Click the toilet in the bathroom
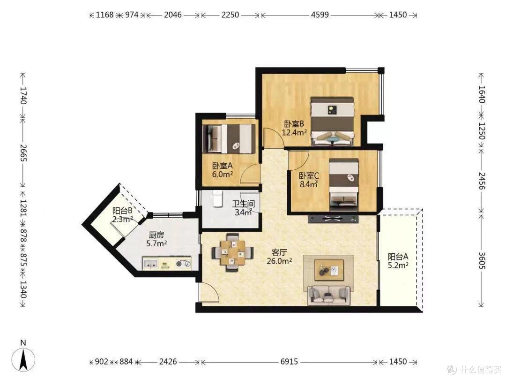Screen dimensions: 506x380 coord(218,198)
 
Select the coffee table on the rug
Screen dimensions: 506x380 coord(329,270)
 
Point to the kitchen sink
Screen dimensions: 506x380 coord(150,264)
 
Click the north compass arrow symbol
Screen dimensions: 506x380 coord(23,359)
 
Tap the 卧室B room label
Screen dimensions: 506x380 coord(294,124)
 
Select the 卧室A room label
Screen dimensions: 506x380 coord(223,166)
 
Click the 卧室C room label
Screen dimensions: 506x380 coord(309,176)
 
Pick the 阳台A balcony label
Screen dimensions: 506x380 coord(398,257)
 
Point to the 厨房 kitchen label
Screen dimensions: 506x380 coord(156,235)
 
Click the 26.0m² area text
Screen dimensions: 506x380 coord(279,261)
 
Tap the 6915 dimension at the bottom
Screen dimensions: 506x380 coord(289,362)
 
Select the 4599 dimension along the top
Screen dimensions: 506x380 coord(320,15)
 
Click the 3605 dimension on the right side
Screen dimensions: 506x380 coord(482,260)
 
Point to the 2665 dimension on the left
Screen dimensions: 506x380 coord(23,152)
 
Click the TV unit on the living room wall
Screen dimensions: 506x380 coord(334,219)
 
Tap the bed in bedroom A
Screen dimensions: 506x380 coord(229,139)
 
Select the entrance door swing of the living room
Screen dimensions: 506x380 coord(208,292)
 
